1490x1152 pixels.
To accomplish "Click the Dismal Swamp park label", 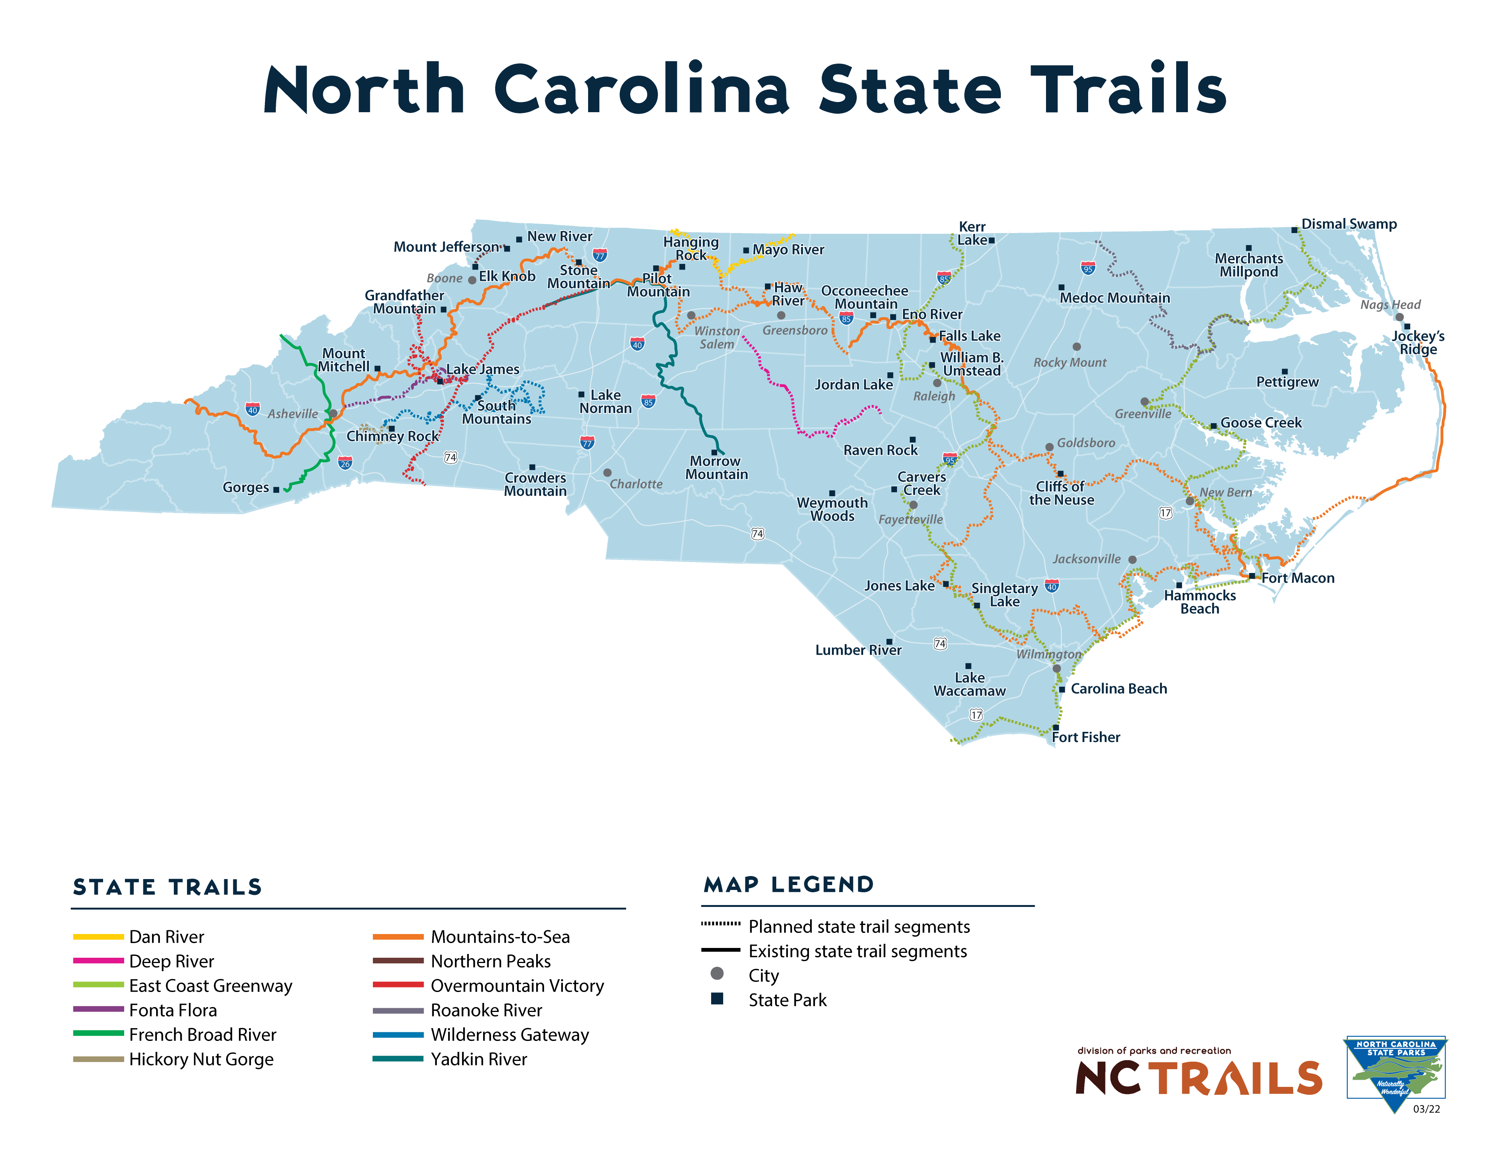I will click(x=1349, y=224).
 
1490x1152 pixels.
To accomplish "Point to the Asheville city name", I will click(x=293, y=414).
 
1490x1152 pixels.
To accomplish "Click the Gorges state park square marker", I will click(x=276, y=489).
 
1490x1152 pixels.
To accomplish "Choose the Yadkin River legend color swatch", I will click(x=398, y=1059).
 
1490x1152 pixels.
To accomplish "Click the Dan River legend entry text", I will click(x=166, y=937).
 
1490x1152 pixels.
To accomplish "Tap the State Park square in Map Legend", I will click(x=717, y=999).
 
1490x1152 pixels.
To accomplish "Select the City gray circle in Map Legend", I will click(x=717, y=974).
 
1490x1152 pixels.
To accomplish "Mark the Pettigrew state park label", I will click(x=1287, y=382).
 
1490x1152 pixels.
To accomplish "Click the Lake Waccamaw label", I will click(x=970, y=684).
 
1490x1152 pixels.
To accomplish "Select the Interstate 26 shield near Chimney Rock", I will click(x=345, y=464).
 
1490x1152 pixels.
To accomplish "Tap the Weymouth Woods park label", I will click(x=832, y=509).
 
